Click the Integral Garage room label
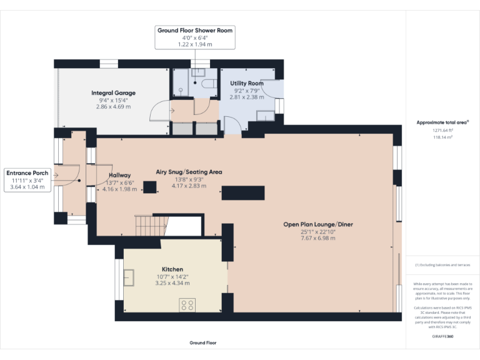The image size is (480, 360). (112, 93)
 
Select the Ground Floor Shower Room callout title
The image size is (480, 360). (196, 30)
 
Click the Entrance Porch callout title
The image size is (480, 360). (27, 173)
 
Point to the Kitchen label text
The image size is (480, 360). (172, 269)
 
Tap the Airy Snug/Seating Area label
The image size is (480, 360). (189, 172)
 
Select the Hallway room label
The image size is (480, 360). (119, 175)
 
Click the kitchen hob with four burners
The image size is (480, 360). (187, 305)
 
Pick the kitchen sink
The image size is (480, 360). (130, 277)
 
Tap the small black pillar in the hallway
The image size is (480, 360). (150, 187)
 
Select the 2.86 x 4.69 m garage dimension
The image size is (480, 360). (113, 107)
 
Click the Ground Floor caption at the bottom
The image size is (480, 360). (202, 343)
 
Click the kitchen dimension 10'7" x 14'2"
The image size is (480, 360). (172, 277)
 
